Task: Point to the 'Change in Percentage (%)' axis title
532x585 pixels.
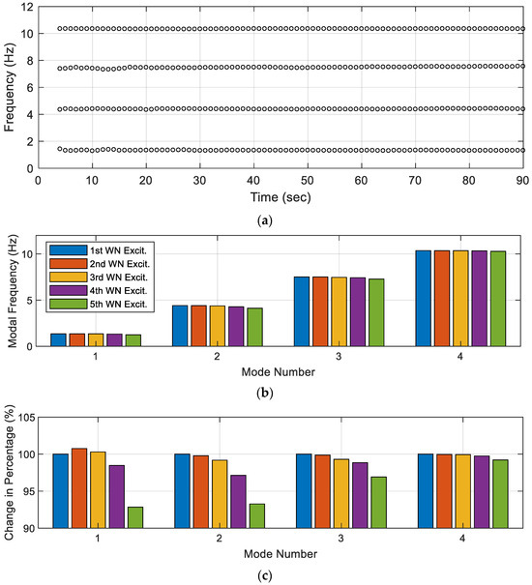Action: point(10,473)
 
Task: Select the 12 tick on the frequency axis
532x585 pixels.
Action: point(25,7)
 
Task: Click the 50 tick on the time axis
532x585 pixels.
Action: point(307,179)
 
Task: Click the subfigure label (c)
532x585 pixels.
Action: point(281,576)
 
